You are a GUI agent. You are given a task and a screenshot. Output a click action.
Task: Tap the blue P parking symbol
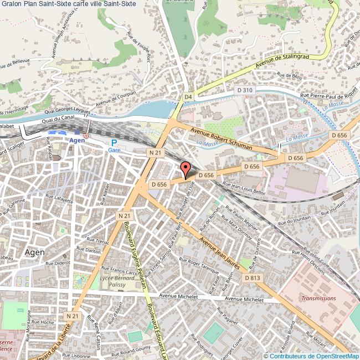click(114, 143)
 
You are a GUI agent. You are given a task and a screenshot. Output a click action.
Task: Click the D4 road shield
click(188, 97)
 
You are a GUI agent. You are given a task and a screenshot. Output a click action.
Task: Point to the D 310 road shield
click(244, 90)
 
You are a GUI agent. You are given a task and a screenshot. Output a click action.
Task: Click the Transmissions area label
click(318, 298)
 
